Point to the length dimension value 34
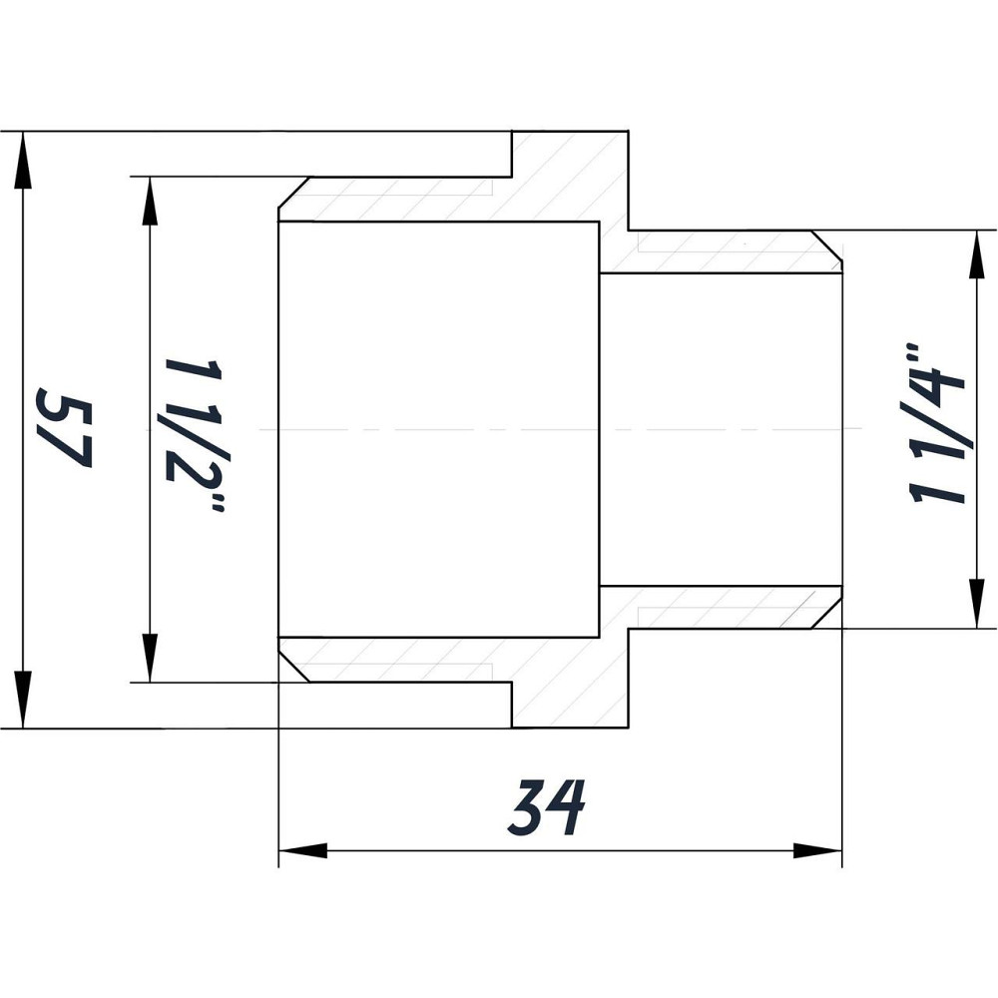point(545,808)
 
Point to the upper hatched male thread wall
point(719,252)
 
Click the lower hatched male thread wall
point(719,607)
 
